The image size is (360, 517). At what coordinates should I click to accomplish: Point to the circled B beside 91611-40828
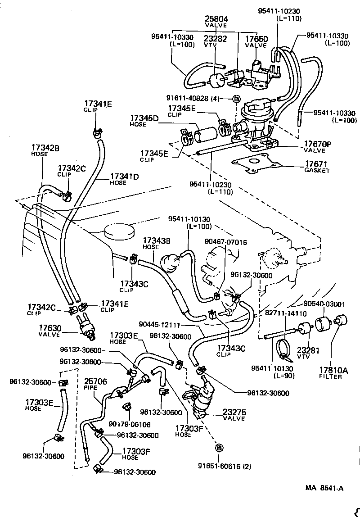[x=236, y=99]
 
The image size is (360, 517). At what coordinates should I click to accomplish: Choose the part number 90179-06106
[x=129, y=424]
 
